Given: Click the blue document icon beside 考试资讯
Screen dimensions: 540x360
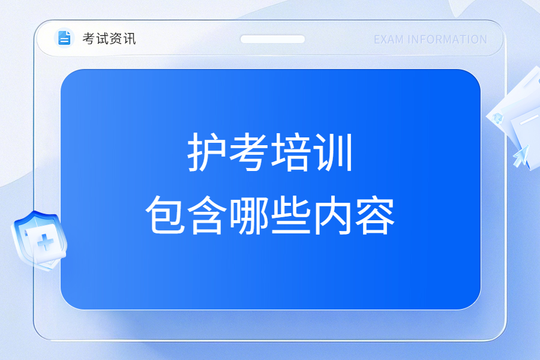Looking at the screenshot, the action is click(64, 38).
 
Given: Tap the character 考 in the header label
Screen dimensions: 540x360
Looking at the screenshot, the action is click(89, 38).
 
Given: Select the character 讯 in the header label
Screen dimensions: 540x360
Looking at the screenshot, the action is click(130, 38).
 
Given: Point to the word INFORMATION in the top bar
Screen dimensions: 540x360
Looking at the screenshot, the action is click(447, 40).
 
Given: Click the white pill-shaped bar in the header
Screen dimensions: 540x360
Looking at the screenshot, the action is click(272, 39).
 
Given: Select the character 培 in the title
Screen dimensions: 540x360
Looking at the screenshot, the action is click(290, 152).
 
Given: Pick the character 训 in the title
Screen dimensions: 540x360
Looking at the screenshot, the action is click(333, 152).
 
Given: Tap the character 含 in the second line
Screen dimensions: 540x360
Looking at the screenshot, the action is click(207, 215).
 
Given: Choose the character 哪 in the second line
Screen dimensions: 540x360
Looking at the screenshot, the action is click(248, 215).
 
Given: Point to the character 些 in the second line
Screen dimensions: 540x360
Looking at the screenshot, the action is click(290, 215).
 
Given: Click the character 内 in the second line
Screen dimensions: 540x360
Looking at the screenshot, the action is click(332, 215).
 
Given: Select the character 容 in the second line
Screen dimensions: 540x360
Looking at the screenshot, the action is click(374, 215).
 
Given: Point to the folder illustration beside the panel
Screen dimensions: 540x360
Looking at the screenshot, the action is click(515, 117).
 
